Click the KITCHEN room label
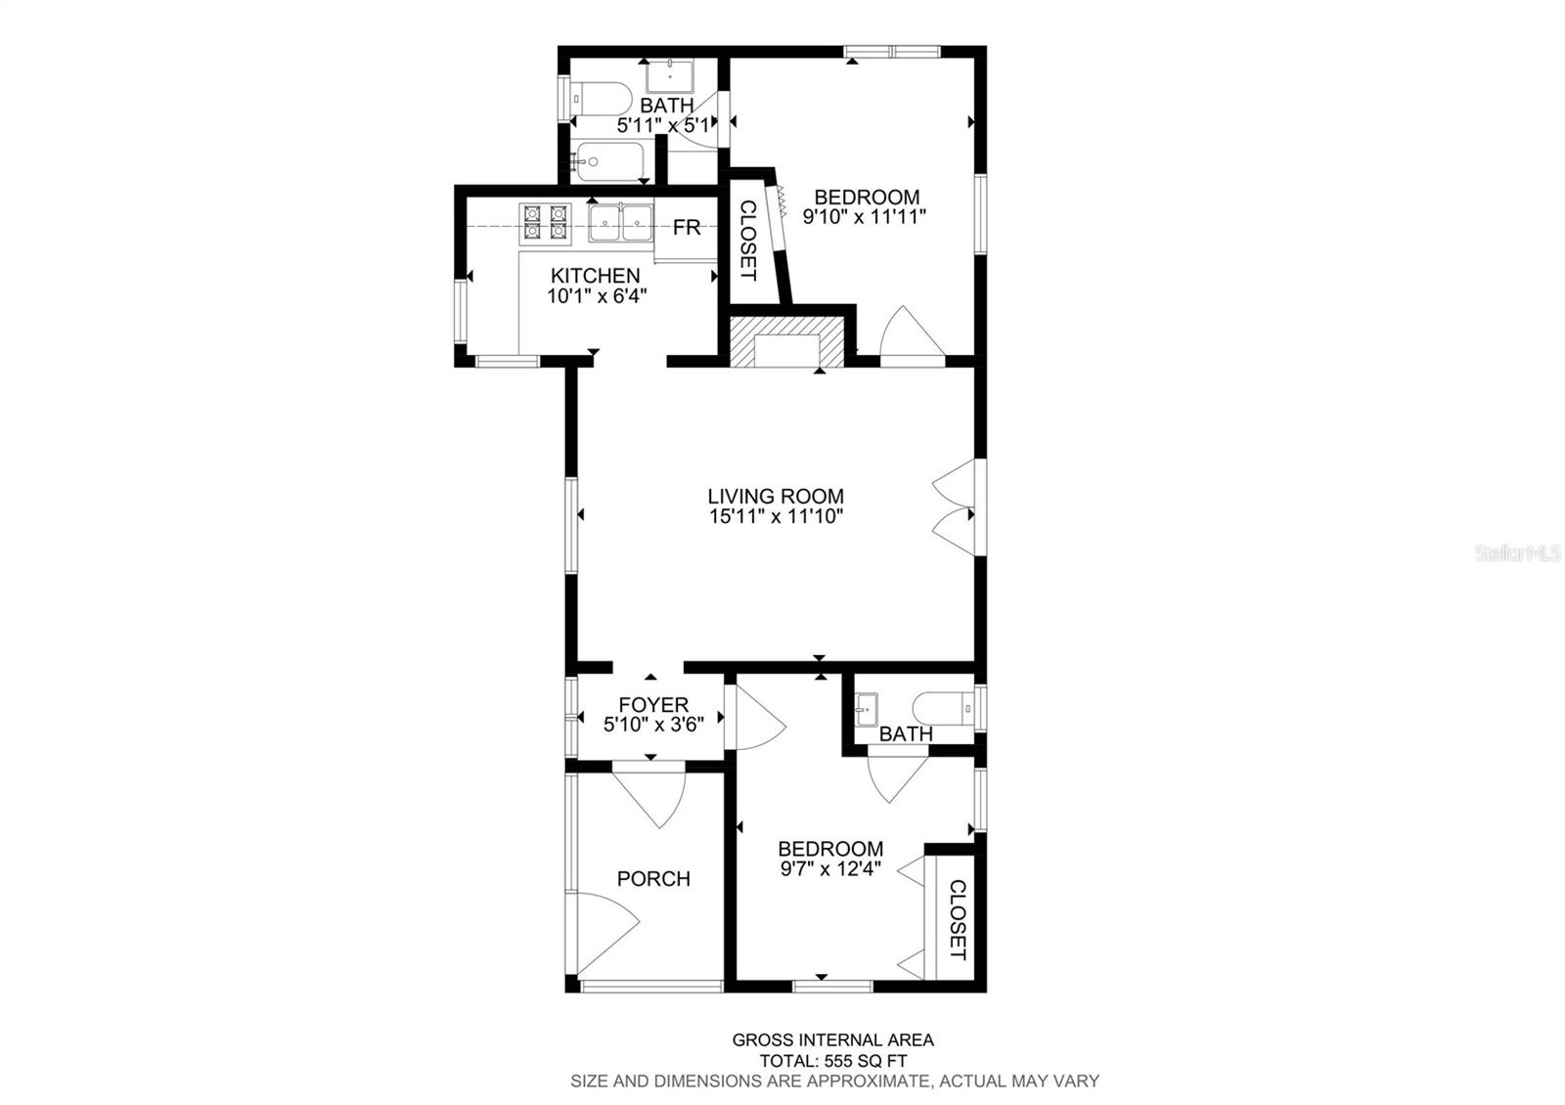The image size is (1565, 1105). tap(596, 275)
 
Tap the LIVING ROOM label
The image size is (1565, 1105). tap(776, 496)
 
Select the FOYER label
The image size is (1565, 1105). tap(653, 704)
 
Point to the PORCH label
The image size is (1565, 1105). tap(653, 878)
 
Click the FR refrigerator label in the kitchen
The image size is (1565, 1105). tap(687, 227)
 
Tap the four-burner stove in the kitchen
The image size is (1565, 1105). tap(545, 224)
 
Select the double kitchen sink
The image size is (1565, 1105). tap(620, 223)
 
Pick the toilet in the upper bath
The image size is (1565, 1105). tap(601, 99)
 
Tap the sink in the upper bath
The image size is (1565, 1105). tap(669, 76)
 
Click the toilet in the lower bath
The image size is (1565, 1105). tap(943, 708)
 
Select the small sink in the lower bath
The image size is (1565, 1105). tap(867, 710)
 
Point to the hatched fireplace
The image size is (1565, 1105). tap(786, 341)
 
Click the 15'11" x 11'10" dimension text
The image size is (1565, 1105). tap(777, 516)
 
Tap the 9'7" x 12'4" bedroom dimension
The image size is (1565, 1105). tap(830, 869)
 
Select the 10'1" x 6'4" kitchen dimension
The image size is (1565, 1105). tap(597, 296)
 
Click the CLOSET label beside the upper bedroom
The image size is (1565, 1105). tap(748, 241)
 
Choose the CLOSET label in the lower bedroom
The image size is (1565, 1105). tap(958, 919)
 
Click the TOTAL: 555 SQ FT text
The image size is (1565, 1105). tap(832, 1061)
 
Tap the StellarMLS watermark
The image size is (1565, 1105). tap(1517, 553)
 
